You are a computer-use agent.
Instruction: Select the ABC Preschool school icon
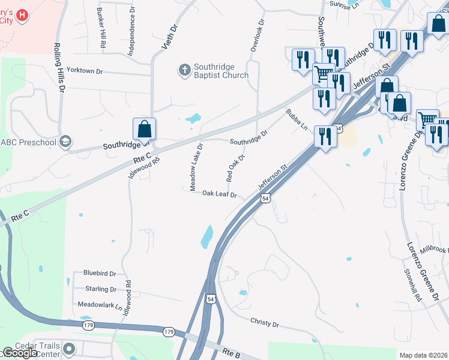(65, 142)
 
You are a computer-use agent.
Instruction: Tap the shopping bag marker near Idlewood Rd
(145, 128)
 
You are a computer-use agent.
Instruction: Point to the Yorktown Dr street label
(85, 71)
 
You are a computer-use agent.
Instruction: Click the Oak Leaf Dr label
(220, 194)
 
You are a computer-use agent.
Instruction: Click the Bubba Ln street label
(297, 120)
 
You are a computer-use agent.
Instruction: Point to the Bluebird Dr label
(100, 273)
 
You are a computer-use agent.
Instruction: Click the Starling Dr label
(101, 289)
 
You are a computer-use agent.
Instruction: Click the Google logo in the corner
(19, 353)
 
